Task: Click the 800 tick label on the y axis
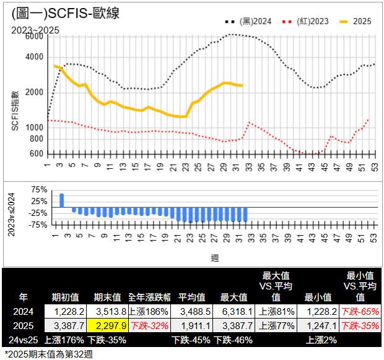click(37, 139)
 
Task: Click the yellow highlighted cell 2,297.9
click(111, 325)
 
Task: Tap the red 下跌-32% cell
click(149, 325)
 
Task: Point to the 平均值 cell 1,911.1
click(193, 325)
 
